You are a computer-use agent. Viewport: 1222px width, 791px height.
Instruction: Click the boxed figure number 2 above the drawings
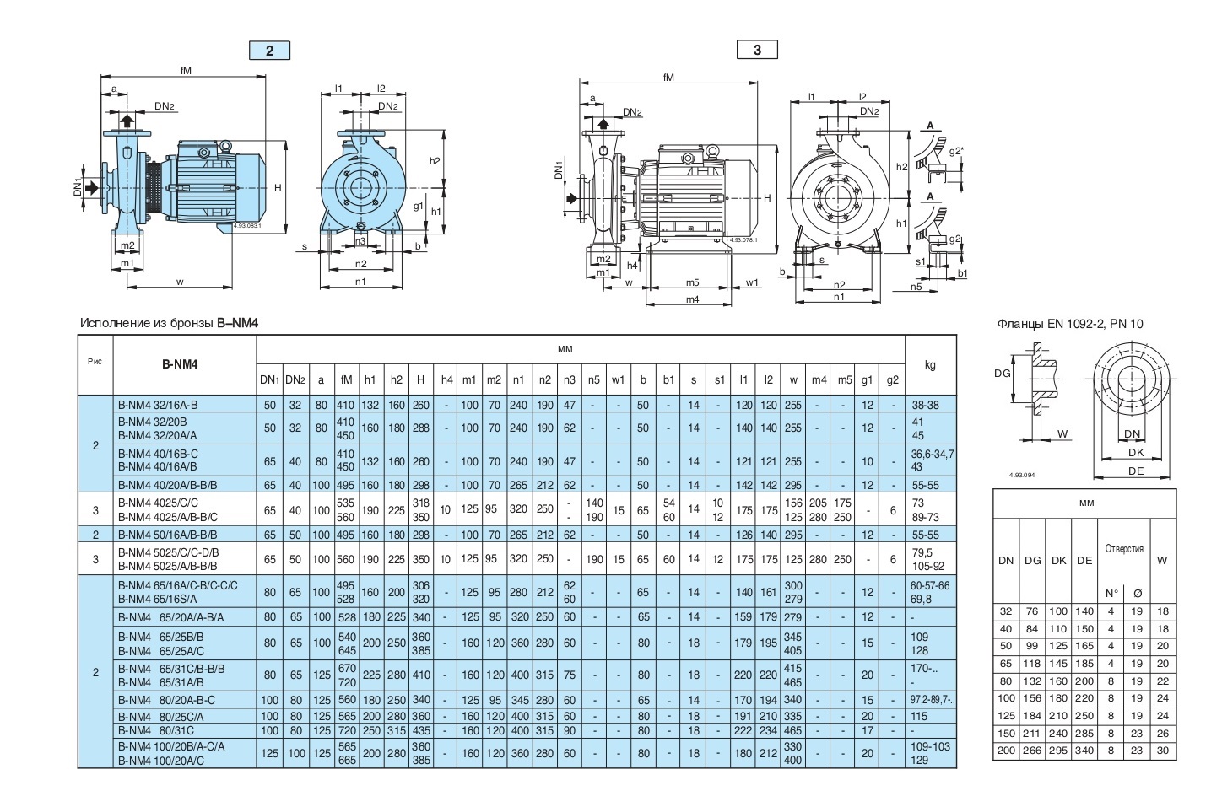[x=269, y=51]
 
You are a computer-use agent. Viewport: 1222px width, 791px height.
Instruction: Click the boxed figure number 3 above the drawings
[x=757, y=50]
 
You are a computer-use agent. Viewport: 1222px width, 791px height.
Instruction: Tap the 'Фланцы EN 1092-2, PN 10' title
[x=1070, y=324]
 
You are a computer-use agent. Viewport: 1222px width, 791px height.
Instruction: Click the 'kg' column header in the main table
[x=930, y=365]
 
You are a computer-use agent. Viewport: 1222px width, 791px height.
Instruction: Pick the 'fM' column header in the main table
[x=346, y=380]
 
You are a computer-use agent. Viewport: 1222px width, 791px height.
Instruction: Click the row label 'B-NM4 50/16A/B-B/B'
[x=168, y=535]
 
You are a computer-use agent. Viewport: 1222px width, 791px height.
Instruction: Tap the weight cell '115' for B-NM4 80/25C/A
[x=919, y=716]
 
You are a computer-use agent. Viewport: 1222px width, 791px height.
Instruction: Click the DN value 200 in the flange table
[x=1006, y=750]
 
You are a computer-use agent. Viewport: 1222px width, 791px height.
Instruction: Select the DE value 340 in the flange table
[x=1084, y=750]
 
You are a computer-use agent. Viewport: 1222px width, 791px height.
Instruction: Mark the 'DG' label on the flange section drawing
[x=1003, y=373]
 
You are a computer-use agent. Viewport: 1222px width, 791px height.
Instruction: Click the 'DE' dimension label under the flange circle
[x=1135, y=471]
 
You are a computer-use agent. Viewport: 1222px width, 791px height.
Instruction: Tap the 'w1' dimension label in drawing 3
[x=751, y=283]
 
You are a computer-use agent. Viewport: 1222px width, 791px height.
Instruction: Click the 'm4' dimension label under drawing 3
[x=692, y=299]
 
